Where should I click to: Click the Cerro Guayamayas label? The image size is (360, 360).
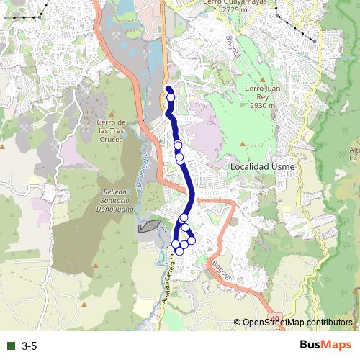coord(235,2)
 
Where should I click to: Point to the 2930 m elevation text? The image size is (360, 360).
coord(259,105)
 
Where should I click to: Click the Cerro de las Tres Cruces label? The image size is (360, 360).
coord(112,130)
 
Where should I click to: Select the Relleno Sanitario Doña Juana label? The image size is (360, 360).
coord(111,197)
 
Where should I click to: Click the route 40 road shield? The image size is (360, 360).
coord(276,318)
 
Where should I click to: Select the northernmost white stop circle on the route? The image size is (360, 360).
coord(171,98)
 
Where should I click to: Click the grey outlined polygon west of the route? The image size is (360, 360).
coord(148,225)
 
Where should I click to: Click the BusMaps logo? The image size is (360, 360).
coord(326,346)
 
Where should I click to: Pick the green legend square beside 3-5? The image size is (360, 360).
coord(11,346)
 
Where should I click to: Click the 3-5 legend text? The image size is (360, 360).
coord(30,346)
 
